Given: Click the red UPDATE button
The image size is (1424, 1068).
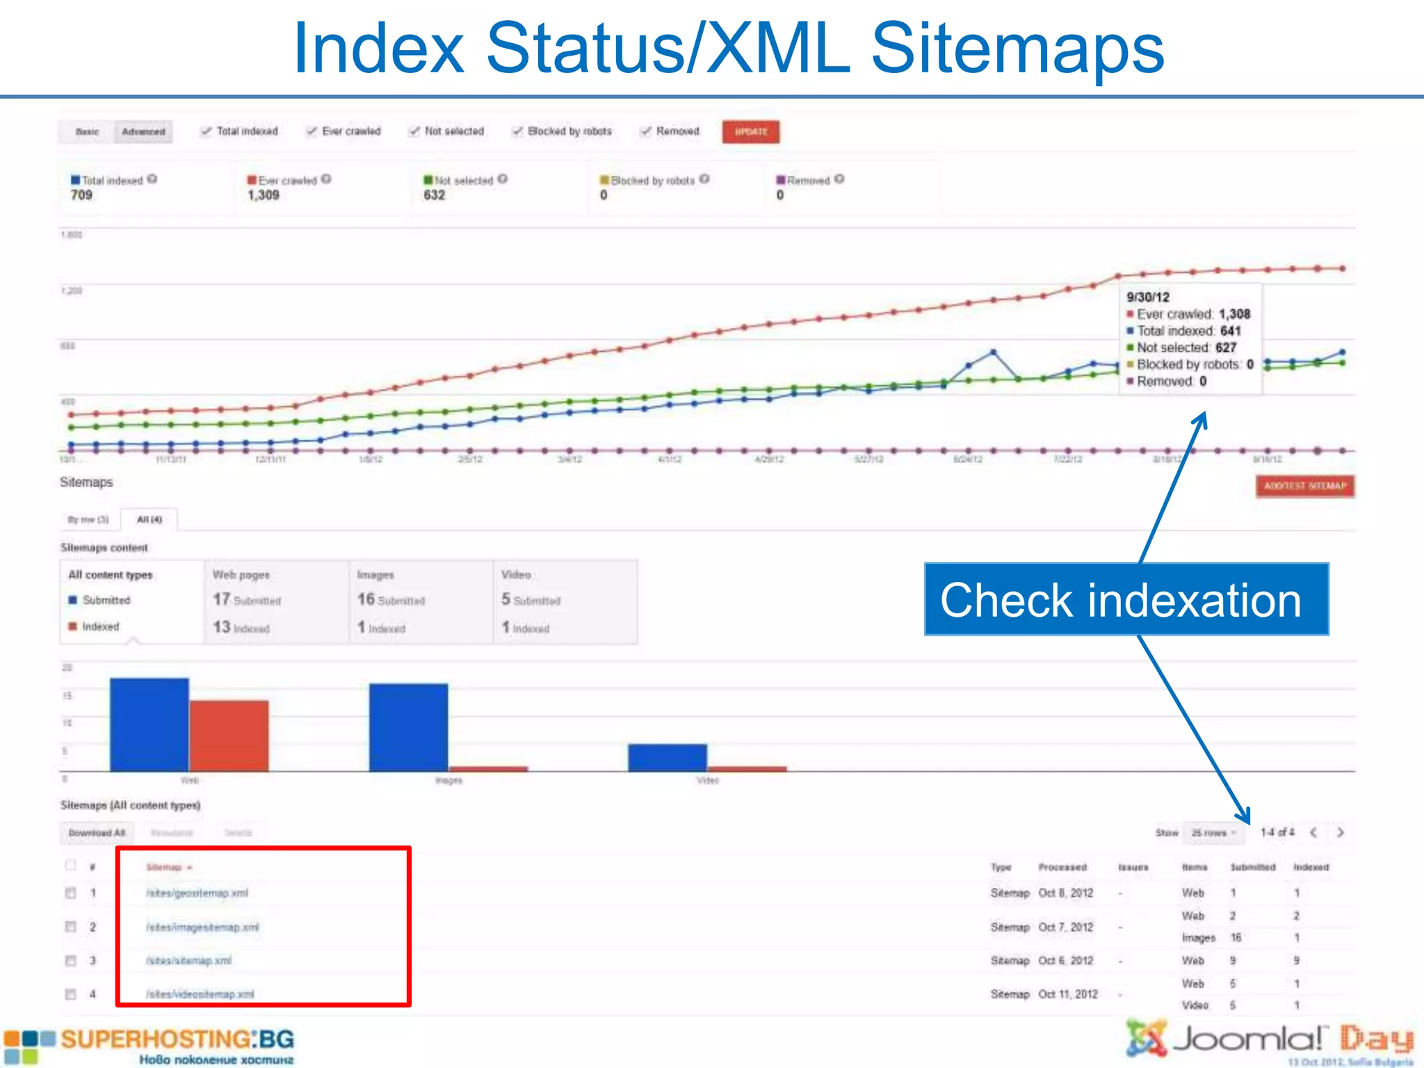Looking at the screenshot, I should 750,131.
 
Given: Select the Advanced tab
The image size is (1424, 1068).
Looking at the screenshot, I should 143,131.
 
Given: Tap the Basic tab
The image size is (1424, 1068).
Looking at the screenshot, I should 87,131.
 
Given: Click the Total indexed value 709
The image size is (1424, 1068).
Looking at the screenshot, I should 81,195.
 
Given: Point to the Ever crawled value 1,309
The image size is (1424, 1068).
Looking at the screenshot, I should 264,195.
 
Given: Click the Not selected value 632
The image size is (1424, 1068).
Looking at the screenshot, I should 434,195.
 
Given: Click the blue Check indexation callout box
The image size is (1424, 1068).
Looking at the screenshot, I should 1126,599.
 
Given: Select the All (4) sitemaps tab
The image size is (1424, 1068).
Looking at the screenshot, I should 149,519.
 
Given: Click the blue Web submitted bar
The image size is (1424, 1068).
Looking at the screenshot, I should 149,725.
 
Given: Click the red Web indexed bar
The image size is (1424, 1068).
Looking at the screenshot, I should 229,736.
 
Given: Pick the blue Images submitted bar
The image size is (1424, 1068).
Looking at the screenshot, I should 408,727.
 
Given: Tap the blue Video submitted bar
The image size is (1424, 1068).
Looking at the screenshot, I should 667,757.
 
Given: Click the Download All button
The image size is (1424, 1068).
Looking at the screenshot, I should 97,832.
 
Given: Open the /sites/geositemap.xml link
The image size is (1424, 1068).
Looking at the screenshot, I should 197,893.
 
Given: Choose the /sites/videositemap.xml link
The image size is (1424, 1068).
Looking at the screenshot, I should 200,994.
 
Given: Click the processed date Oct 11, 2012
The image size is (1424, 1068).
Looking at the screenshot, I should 1067,994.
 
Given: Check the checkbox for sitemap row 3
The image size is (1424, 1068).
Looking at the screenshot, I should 70,961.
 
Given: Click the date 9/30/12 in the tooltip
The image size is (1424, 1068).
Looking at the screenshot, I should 1148,297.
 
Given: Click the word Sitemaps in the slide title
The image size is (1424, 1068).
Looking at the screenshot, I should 1017,47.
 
